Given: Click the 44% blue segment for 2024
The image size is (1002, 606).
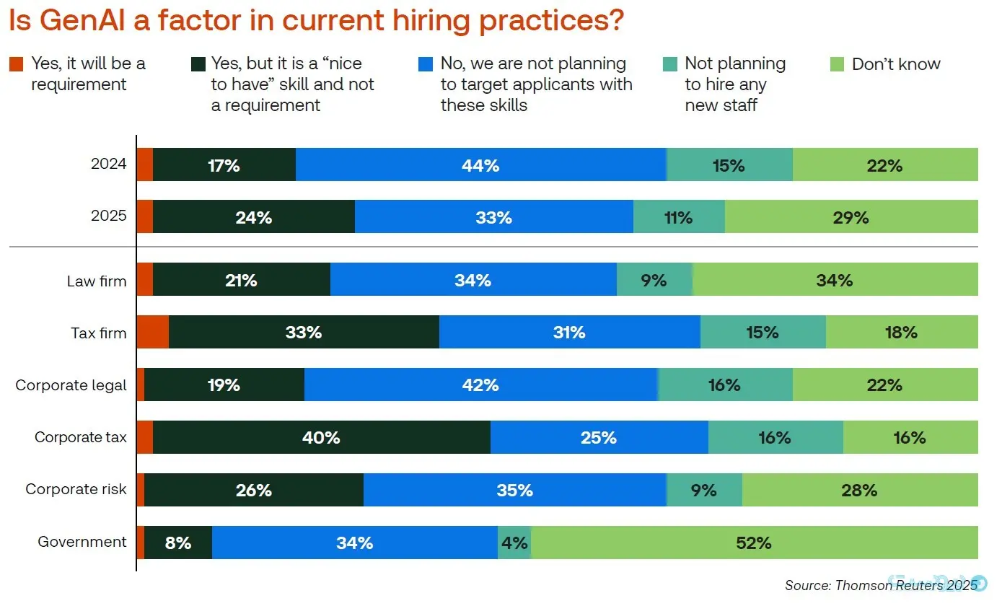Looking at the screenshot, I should tap(480, 164).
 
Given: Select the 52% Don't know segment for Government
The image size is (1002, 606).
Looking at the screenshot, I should tap(754, 542).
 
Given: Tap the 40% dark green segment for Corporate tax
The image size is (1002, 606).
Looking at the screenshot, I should tap(322, 437).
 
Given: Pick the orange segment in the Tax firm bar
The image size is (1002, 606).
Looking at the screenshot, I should tap(152, 333).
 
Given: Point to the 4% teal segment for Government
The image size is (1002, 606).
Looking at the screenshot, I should tap(514, 542).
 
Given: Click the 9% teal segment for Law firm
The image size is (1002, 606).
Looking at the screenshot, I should tap(654, 279).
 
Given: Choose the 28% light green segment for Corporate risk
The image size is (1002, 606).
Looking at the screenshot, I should tap(859, 490).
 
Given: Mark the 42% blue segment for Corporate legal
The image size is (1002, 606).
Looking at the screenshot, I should tap(480, 385).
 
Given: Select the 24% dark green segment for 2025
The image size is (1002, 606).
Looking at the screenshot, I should tap(253, 216).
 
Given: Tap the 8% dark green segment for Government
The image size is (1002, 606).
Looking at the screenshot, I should tap(178, 542).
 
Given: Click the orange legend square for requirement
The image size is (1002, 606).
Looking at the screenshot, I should tap(16, 64).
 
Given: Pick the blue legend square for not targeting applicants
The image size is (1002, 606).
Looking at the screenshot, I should tap(426, 64).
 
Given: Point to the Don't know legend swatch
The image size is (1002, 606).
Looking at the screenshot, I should tap(837, 64).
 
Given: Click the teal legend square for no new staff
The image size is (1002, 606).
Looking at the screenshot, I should tap(669, 64).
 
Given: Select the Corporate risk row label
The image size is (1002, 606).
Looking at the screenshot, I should tap(76, 489).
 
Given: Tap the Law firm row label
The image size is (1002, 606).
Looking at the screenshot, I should tap(96, 281).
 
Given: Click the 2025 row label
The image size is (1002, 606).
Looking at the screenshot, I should tap(108, 216).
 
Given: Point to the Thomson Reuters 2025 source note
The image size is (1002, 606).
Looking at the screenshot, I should tap(880, 585).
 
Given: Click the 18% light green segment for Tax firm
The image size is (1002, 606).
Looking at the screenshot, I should tap(901, 333).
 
